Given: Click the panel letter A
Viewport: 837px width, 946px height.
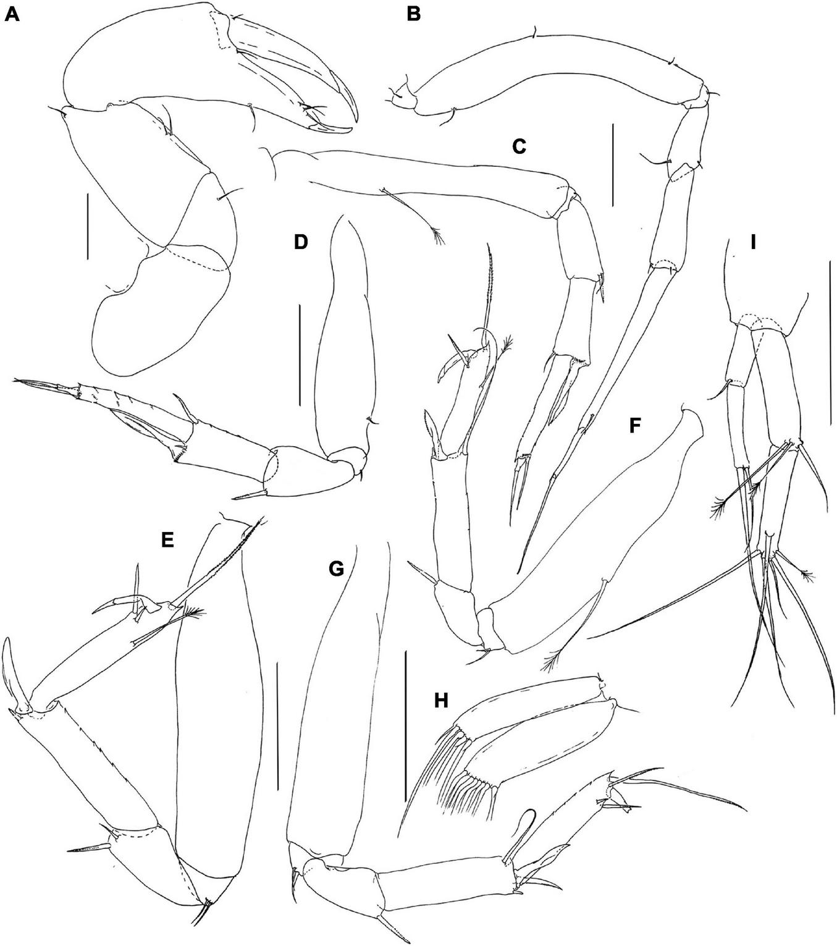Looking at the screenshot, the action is [12, 15].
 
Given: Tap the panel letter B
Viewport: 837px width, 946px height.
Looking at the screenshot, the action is [413, 15].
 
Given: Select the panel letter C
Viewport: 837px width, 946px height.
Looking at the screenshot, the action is [519, 146].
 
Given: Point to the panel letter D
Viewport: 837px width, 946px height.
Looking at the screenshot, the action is [301, 242].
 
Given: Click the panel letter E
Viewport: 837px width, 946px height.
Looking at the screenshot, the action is [167, 540].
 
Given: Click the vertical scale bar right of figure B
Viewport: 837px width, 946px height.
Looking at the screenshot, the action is [613, 164].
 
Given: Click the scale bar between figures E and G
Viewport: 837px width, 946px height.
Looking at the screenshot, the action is [277, 725].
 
